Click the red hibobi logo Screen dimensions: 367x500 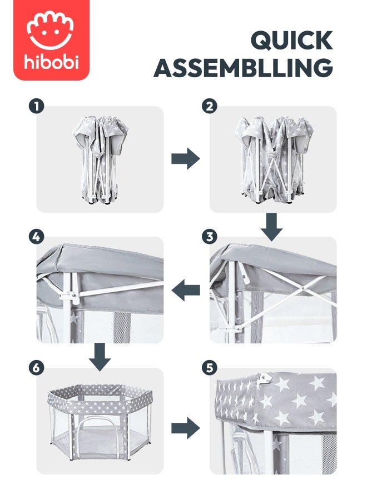tap(51, 40)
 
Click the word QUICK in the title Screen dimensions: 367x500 tap(292, 40)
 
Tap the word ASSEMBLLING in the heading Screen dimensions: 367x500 tap(244, 67)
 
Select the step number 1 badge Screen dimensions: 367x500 tap(36, 107)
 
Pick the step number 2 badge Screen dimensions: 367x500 tap(209, 107)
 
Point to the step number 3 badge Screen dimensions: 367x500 tap(209, 237)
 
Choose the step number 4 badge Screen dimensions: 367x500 tap(36, 237)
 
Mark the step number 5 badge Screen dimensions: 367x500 tap(209, 368)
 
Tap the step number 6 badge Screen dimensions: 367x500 tap(36, 368)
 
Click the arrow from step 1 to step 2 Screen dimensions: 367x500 tap(185, 158)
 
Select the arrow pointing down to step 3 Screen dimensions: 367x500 tap(271, 227)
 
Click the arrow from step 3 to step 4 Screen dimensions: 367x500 tap(185, 290)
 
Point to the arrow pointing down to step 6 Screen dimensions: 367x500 tap(100, 357)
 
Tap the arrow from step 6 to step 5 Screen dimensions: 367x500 tap(185, 428)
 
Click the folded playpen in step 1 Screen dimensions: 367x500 tap(100, 159)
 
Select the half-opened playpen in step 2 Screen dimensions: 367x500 tap(274, 159)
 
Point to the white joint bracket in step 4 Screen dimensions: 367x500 tap(70, 296)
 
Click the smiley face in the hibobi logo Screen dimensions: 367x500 tap(50, 31)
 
